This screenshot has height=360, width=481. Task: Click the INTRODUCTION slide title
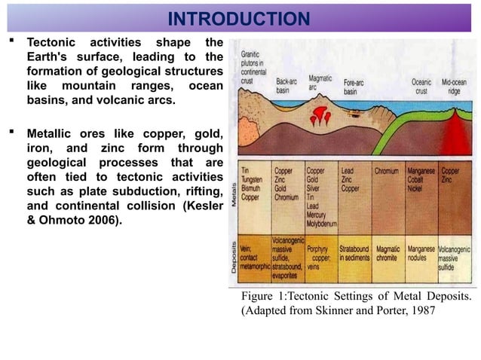(x=238, y=19)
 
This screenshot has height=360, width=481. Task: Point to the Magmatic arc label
(x=320, y=81)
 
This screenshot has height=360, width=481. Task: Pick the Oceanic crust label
(x=421, y=87)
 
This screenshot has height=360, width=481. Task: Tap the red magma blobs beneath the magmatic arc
(x=323, y=115)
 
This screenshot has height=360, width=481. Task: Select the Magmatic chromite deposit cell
(x=388, y=253)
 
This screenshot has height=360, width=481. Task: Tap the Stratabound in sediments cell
(x=354, y=253)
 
